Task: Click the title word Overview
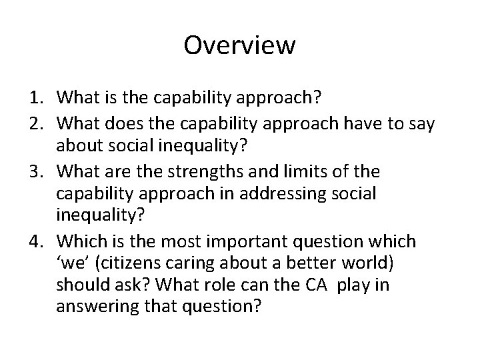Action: coord(239,45)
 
